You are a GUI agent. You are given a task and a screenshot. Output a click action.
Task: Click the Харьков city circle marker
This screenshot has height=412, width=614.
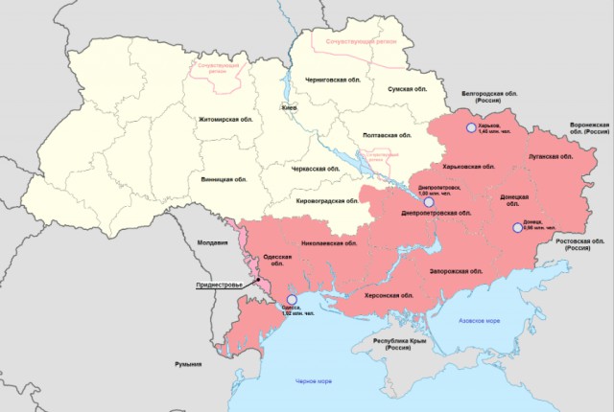point(469,127)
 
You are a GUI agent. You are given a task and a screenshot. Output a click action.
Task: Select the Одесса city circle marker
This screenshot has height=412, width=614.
point(291,300)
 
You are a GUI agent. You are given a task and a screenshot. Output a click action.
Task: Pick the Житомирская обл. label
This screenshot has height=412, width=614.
point(226,119)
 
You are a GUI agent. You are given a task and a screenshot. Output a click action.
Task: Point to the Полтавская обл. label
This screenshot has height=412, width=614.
point(390,136)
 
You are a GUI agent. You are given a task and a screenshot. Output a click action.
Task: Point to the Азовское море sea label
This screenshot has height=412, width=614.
point(479,320)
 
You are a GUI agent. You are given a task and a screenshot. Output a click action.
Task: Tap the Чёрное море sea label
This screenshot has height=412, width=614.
point(314,383)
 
